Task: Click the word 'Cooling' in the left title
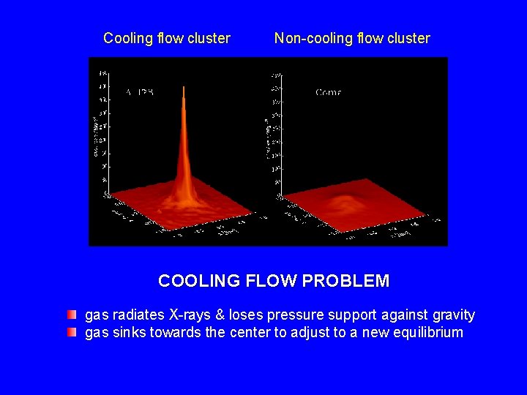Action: (128, 39)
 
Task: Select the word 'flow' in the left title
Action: (171, 39)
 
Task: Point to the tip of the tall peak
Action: (183, 89)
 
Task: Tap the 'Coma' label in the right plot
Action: (328, 93)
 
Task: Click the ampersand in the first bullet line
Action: (222, 315)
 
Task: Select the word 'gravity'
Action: (453, 316)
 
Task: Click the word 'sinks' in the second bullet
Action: (128, 334)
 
